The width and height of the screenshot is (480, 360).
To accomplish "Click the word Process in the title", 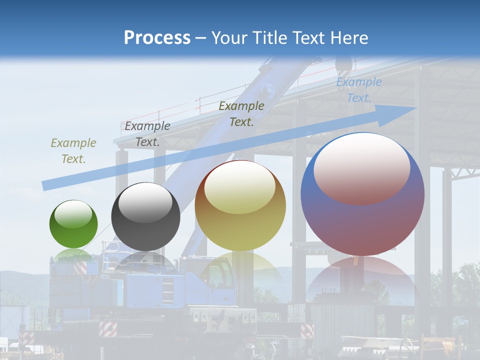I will tap(157, 38).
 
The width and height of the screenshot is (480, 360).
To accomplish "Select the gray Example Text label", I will tap(147, 134).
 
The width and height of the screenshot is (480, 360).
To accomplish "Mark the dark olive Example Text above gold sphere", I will tap(241, 113).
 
